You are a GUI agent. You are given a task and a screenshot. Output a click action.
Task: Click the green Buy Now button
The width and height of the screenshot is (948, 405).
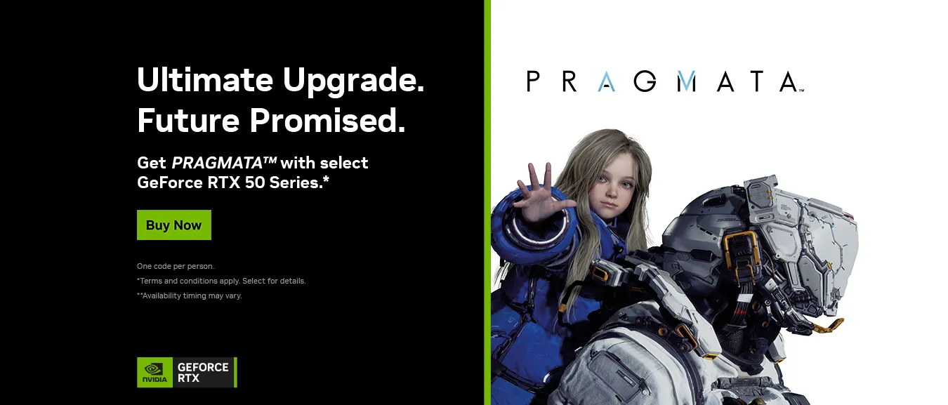pos(174,225)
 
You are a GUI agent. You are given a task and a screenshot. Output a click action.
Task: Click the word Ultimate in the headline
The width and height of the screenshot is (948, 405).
pos(205,79)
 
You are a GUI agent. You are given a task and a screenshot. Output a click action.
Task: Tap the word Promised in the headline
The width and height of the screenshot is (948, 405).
pos(327,120)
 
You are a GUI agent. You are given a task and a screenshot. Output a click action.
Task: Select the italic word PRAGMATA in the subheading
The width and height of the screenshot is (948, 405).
pos(224,163)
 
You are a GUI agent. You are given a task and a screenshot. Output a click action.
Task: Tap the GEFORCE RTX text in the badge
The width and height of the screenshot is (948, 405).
pos(203,373)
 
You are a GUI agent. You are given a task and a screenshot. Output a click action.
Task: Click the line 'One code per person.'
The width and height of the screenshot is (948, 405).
pos(176,266)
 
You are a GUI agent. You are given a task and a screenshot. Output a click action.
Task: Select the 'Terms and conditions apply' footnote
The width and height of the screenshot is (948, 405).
pos(221,281)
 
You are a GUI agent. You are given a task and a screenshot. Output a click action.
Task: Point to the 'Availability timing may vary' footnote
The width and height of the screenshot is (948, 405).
pos(190,296)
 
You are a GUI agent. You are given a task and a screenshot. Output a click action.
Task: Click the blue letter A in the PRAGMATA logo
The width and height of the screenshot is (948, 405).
pos(607,81)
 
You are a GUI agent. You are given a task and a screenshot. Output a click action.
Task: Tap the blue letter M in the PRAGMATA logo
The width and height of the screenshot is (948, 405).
pos(686,81)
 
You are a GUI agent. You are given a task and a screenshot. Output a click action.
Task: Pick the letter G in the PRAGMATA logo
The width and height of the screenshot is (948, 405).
pos(645,81)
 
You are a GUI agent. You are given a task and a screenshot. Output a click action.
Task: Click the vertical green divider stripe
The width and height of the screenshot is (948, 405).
pos(487,202)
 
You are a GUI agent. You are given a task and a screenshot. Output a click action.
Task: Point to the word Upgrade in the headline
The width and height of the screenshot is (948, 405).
pos(353,81)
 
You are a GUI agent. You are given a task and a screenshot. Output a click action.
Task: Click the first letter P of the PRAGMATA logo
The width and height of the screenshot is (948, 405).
pos(533,81)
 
